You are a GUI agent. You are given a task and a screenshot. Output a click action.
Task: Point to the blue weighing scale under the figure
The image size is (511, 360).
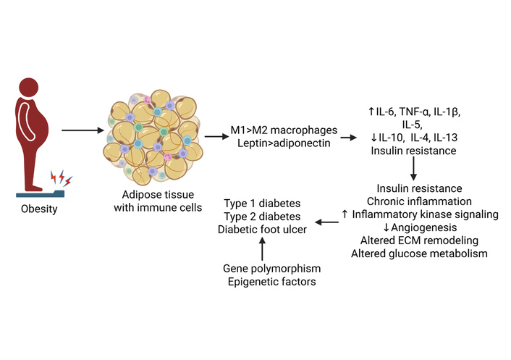[39, 193]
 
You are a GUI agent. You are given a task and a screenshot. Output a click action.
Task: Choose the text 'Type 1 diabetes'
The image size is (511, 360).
[263, 204]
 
